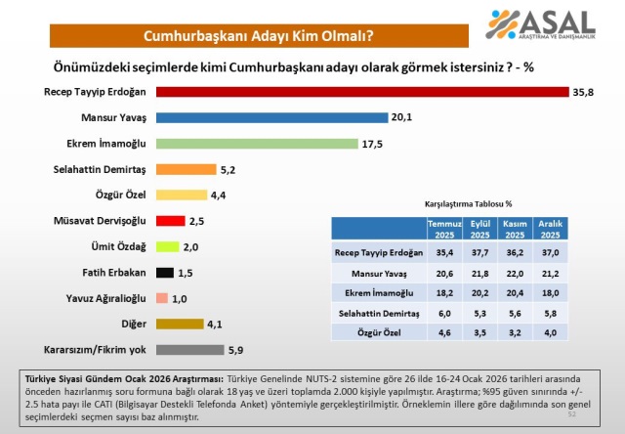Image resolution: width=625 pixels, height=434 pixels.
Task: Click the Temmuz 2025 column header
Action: tap(445, 230)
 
